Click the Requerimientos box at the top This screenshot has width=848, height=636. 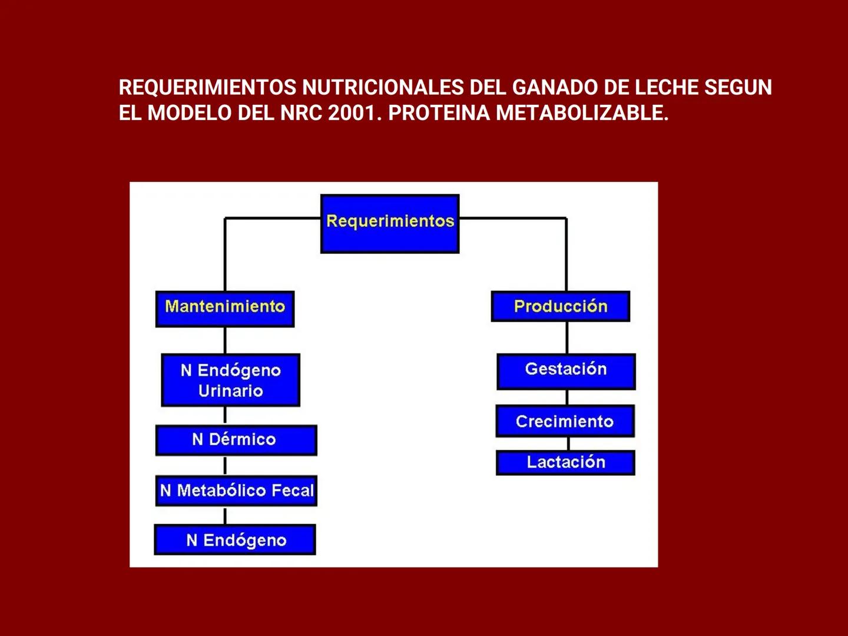click(x=390, y=223)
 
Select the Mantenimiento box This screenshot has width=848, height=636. click(x=225, y=308)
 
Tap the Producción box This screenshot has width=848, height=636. click(x=561, y=306)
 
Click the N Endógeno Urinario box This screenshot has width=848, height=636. click(x=231, y=380)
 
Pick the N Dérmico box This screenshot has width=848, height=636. click(x=236, y=440)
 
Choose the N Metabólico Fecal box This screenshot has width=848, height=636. click(x=236, y=491)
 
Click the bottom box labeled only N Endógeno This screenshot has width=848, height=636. click(x=235, y=539)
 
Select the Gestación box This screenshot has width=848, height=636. click(x=566, y=371)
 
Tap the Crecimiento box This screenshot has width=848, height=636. click(x=565, y=421)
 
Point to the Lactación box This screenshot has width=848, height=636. click(x=565, y=462)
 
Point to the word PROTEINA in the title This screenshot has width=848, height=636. click(x=439, y=112)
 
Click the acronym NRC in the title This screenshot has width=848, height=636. click(x=300, y=112)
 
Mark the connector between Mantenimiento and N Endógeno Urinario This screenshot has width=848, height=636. click(x=226, y=340)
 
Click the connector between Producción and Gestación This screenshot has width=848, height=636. click(x=567, y=337)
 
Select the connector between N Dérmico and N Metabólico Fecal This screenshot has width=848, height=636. click(x=226, y=465)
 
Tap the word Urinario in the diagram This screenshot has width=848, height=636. click(x=231, y=391)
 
